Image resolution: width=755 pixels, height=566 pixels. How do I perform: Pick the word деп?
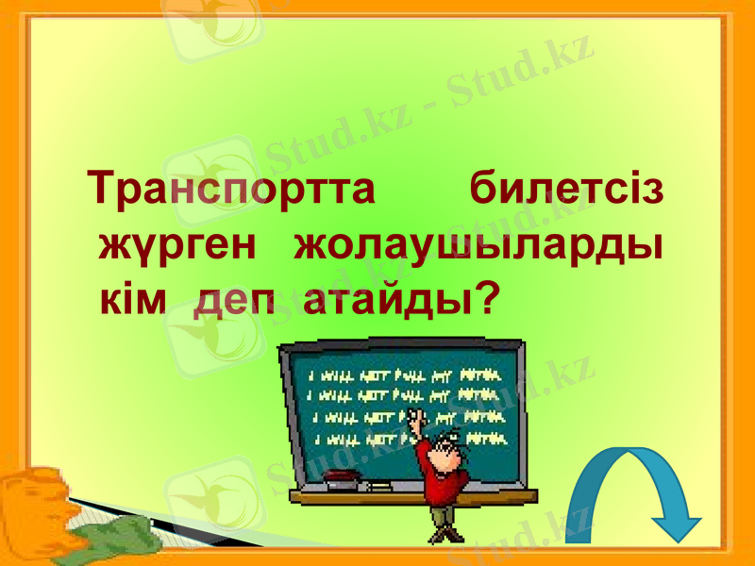(x=236, y=302)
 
